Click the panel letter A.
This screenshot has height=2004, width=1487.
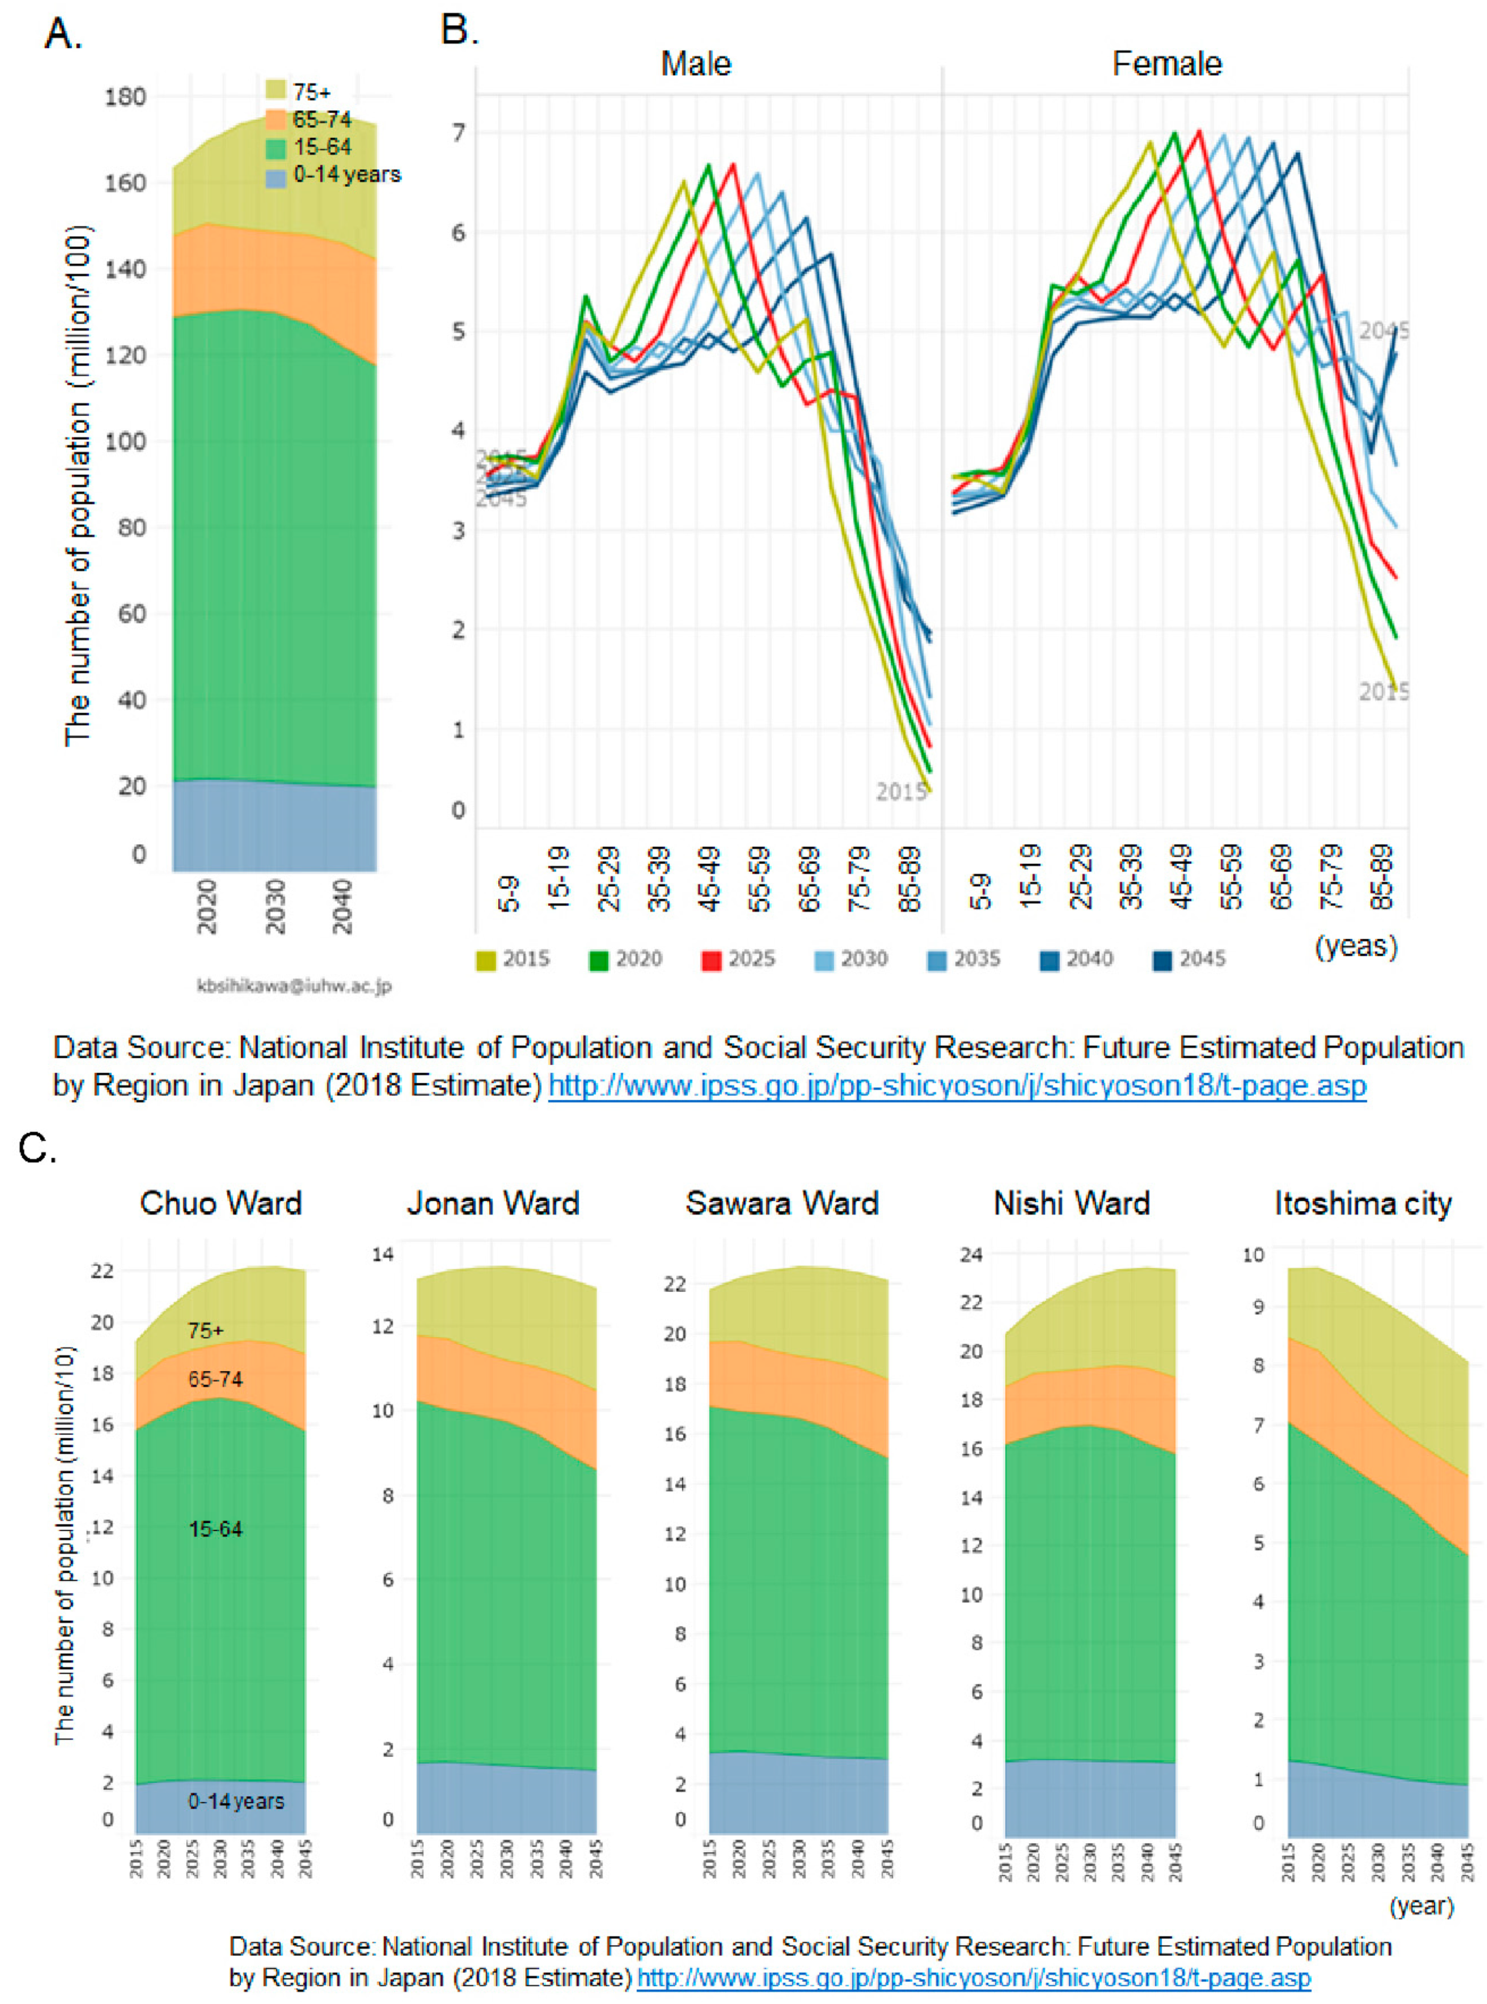tap(63, 34)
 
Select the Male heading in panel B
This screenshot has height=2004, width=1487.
tap(696, 64)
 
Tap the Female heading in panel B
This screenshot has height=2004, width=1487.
tap(1167, 64)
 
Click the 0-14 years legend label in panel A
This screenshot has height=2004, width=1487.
tap(346, 174)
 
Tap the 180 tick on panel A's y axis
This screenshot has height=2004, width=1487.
tap(125, 96)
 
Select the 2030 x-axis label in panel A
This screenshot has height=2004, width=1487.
tap(275, 907)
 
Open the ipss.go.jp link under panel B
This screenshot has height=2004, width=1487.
tap(957, 1086)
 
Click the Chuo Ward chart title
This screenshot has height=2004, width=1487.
tap(220, 1204)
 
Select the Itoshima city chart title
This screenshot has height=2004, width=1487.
tap(1363, 1204)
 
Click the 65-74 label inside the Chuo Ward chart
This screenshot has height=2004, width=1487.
tap(215, 1379)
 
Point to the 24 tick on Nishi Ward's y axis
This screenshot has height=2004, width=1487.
tap(971, 1254)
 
